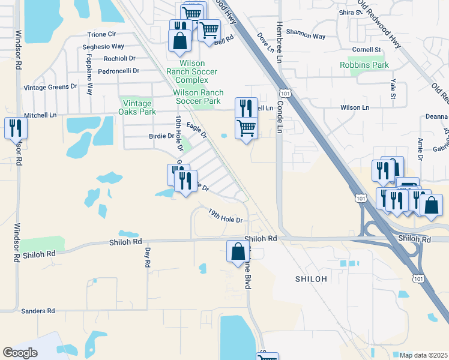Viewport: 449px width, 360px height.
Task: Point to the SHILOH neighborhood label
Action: point(311,279)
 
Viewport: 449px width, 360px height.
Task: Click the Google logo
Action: point(20,353)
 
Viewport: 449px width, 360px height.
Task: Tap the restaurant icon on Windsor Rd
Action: point(15,128)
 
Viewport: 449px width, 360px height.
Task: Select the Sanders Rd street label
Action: point(38,311)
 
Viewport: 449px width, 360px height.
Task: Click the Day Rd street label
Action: point(147,257)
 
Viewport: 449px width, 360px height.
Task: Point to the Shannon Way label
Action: point(306,36)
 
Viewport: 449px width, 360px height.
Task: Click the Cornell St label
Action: point(367,49)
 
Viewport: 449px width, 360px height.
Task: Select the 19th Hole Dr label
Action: point(225,216)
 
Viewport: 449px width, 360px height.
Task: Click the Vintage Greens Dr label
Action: point(50,87)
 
